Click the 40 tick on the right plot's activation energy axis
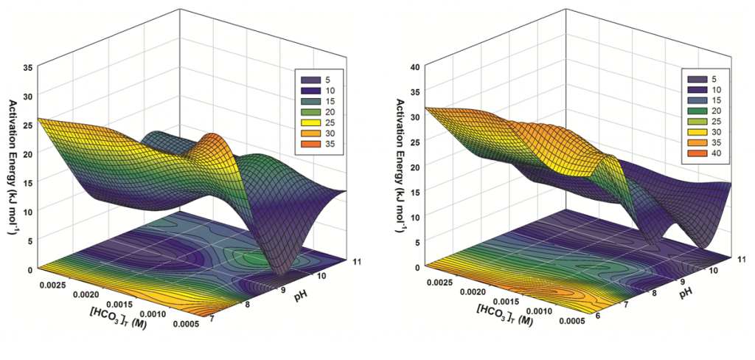[x=414, y=66]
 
